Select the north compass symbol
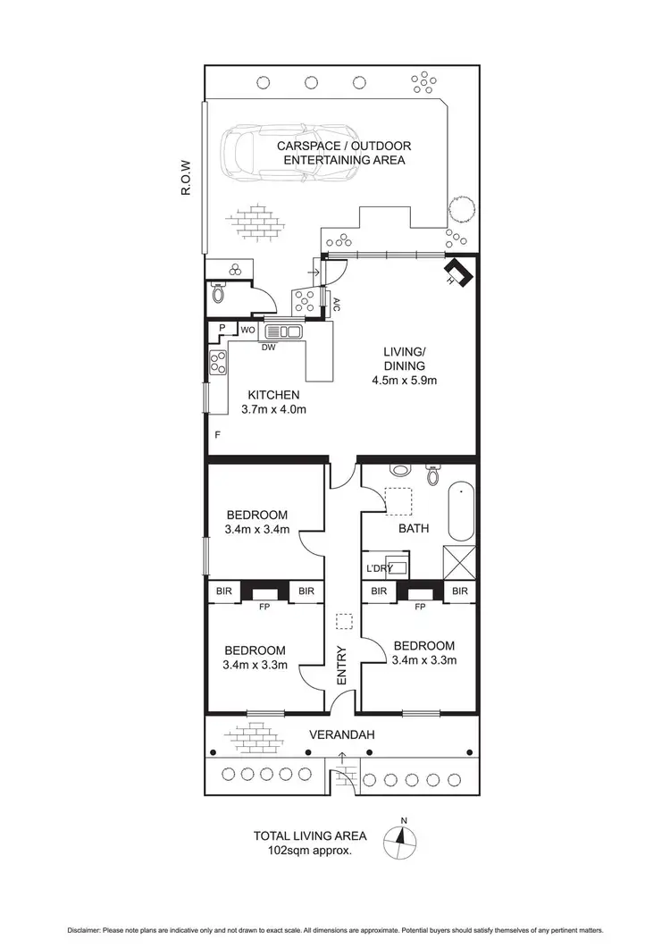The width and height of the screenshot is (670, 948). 403,839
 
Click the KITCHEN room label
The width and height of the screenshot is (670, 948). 273,395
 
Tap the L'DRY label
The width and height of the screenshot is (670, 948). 380,568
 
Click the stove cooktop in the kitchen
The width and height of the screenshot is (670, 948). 217,362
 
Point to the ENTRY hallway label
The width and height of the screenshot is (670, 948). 341,666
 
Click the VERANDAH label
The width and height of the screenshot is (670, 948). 340,735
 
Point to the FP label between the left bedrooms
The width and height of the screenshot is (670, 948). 264,607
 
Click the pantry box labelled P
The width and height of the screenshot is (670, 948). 221,329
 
